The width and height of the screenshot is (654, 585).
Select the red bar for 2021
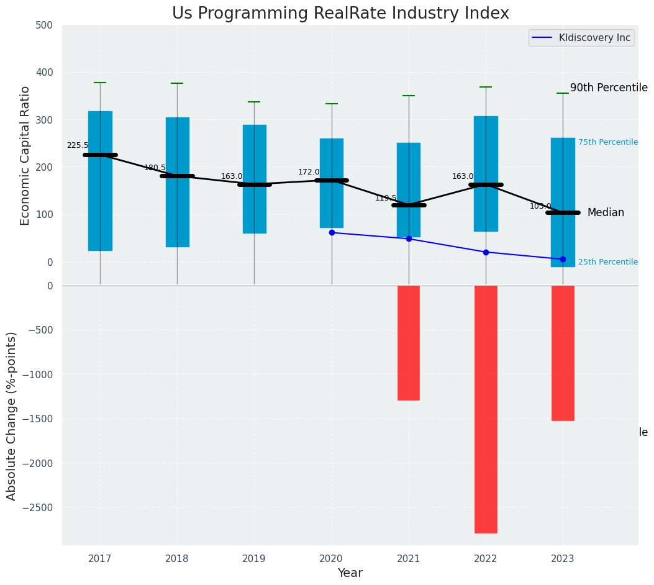[x=409, y=343]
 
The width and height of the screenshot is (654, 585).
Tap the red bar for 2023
[x=563, y=353]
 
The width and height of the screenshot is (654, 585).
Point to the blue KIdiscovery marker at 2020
[x=332, y=232]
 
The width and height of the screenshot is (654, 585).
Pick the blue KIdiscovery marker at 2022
[x=486, y=252]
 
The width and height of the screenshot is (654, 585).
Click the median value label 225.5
[x=78, y=145]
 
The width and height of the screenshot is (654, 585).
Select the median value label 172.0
[x=309, y=172]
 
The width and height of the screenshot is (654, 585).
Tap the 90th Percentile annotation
[x=609, y=88]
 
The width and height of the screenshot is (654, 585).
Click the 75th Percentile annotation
[x=607, y=142]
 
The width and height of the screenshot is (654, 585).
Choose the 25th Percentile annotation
[x=607, y=262]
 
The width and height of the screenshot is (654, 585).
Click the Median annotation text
[x=606, y=212]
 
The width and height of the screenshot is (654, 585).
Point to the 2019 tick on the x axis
[x=254, y=559]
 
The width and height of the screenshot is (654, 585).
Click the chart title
[x=340, y=14]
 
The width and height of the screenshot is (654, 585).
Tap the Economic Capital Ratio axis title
[x=25, y=155]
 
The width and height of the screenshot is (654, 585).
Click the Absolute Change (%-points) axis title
[x=12, y=415]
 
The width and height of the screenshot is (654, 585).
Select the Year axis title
[x=350, y=573]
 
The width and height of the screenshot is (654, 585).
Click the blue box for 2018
[x=177, y=182]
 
